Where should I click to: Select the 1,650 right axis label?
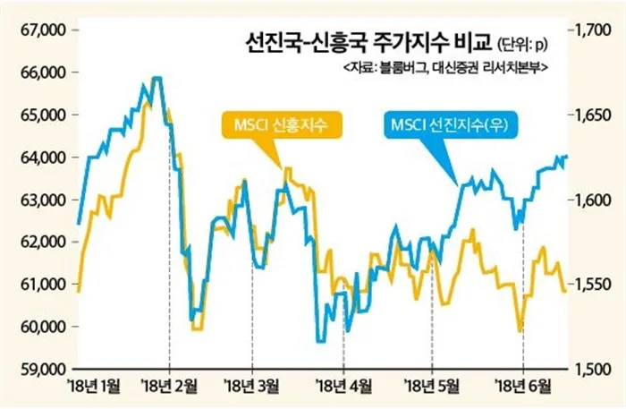[593, 115]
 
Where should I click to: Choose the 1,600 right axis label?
[593, 200]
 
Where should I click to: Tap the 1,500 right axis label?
[593, 369]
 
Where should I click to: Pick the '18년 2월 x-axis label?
[170, 387]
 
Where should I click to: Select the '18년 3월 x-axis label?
[253, 387]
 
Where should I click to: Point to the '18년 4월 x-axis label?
[344, 387]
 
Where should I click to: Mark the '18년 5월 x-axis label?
[433, 387]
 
